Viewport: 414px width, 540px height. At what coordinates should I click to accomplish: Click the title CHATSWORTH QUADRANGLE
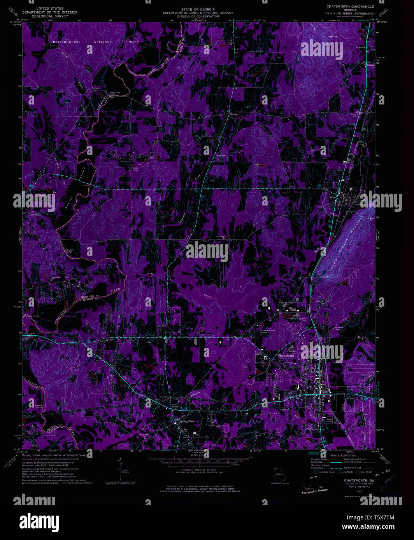coord(351,7)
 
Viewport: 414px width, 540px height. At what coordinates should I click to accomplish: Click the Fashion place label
coord(233,115)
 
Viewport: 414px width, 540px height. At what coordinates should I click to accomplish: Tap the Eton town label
coord(332,197)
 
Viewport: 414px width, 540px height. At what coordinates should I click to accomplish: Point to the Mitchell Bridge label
coord(70,251)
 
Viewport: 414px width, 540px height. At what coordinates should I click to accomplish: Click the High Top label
coord(332,37)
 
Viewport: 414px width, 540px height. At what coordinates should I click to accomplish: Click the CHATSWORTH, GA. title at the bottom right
coord(359,480)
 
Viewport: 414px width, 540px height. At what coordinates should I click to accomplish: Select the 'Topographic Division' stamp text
coord(314,491)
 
